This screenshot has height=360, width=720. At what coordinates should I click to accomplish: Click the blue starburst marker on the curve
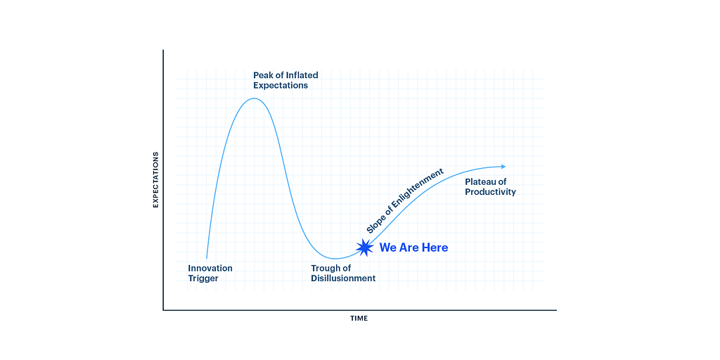pos(364,247)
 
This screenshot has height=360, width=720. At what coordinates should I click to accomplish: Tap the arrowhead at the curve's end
pos(503,166)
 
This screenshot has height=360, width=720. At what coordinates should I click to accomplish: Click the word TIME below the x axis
pos(359,319)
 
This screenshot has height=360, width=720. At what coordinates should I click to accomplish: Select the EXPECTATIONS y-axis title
pos(156,179)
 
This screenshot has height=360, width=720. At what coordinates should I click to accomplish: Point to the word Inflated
pos(302,75)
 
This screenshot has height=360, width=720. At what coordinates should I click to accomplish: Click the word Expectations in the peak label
pos(281,85)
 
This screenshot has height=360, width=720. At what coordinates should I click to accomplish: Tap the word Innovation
pos(210,268)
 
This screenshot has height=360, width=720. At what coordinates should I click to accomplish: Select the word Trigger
pos(203,278)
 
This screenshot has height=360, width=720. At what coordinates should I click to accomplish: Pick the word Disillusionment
pos(343,278)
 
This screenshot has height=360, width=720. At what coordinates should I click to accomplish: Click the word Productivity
pos(490,192)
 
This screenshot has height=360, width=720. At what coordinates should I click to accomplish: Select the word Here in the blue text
pos(435,247)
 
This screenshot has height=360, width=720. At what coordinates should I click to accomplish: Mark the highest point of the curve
pos(254,98)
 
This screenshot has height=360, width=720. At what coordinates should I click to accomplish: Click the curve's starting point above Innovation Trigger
pos(206,258)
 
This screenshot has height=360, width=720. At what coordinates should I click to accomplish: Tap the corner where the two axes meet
pos(163,309)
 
